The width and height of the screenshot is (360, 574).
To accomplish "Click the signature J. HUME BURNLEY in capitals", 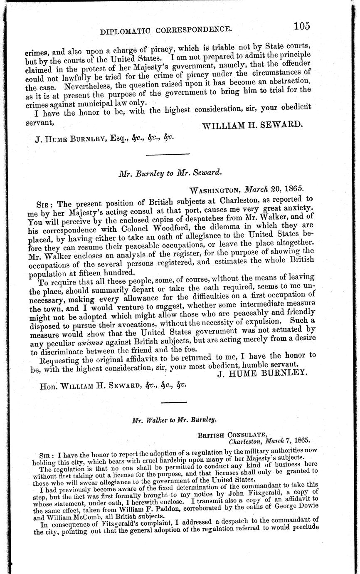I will (262, 373).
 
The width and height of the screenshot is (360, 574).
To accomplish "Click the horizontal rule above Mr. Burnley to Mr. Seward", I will (162, 155).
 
